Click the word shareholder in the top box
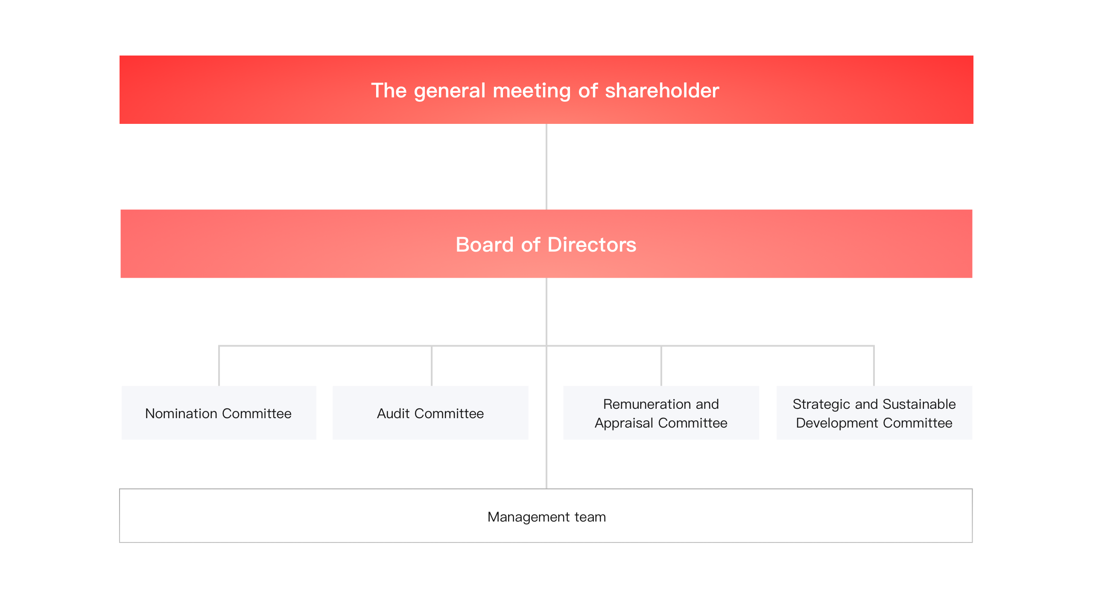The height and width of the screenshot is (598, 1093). [662, 91]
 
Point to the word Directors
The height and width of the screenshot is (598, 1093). [592, 245]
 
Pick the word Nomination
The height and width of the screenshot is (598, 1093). [181, 413]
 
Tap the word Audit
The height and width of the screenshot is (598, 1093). [393, 413]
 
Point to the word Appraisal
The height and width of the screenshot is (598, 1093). [624, 423]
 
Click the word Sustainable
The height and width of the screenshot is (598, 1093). [919, 404]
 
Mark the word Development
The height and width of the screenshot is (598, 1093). [837, 423]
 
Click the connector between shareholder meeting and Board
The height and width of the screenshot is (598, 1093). [546, 167]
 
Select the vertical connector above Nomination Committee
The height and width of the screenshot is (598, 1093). [219, 366]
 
